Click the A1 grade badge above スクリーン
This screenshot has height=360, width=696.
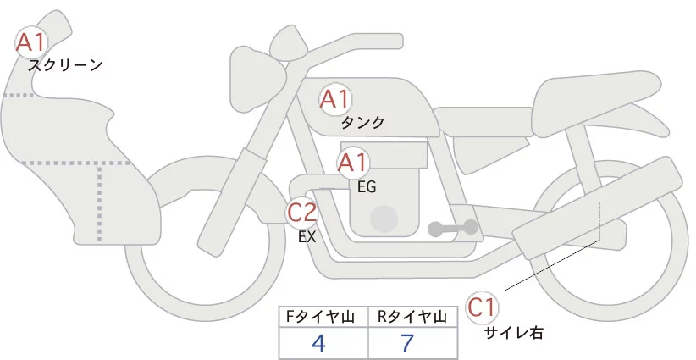coord(33,41)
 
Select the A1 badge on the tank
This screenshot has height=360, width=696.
coord(334,100)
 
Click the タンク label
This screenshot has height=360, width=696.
coord(362,123)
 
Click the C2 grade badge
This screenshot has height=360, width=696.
coord(302,212)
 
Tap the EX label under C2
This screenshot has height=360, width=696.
coord(307,237)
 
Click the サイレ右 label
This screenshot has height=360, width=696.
coord(512,333)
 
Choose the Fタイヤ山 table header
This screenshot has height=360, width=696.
coord(322,317)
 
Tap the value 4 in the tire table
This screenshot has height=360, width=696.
coord(319,344)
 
